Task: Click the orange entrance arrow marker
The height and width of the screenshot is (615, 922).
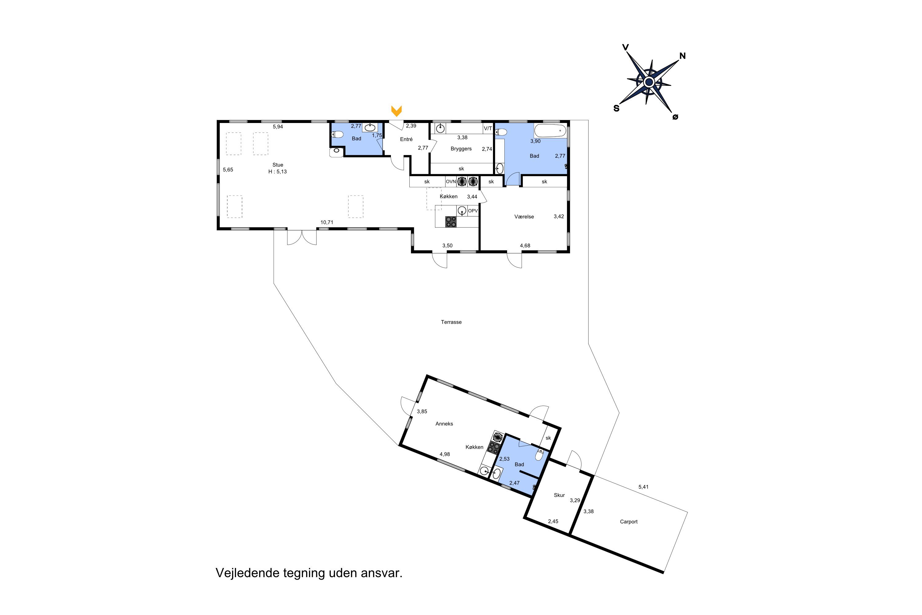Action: point(396,111)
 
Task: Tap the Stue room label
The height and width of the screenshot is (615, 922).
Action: point(278,165)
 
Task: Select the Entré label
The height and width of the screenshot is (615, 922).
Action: point(406,139)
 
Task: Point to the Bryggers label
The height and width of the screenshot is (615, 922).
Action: point(461,149)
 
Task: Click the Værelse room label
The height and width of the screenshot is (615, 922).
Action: point(524,216)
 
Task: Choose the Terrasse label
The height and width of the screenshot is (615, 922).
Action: point(451,322)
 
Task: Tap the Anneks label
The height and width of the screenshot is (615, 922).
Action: point(444,424)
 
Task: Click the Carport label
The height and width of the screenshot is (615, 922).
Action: point(629,522)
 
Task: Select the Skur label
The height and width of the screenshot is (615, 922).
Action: point(559,495)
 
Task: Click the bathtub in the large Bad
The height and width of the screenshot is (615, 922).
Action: point(550,131)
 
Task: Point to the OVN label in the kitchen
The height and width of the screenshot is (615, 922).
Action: point(451,182)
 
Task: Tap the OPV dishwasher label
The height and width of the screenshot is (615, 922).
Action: point(473,211)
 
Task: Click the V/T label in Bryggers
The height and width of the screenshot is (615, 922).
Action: point(488,128)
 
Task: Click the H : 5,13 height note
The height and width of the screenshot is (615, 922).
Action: point(278,171)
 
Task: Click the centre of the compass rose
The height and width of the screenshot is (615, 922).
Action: point(649,82)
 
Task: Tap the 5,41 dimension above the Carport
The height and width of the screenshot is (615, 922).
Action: point(643,487)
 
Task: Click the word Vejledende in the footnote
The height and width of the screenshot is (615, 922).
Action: point(248,573)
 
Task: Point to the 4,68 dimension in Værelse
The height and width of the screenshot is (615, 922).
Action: point(525,245)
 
